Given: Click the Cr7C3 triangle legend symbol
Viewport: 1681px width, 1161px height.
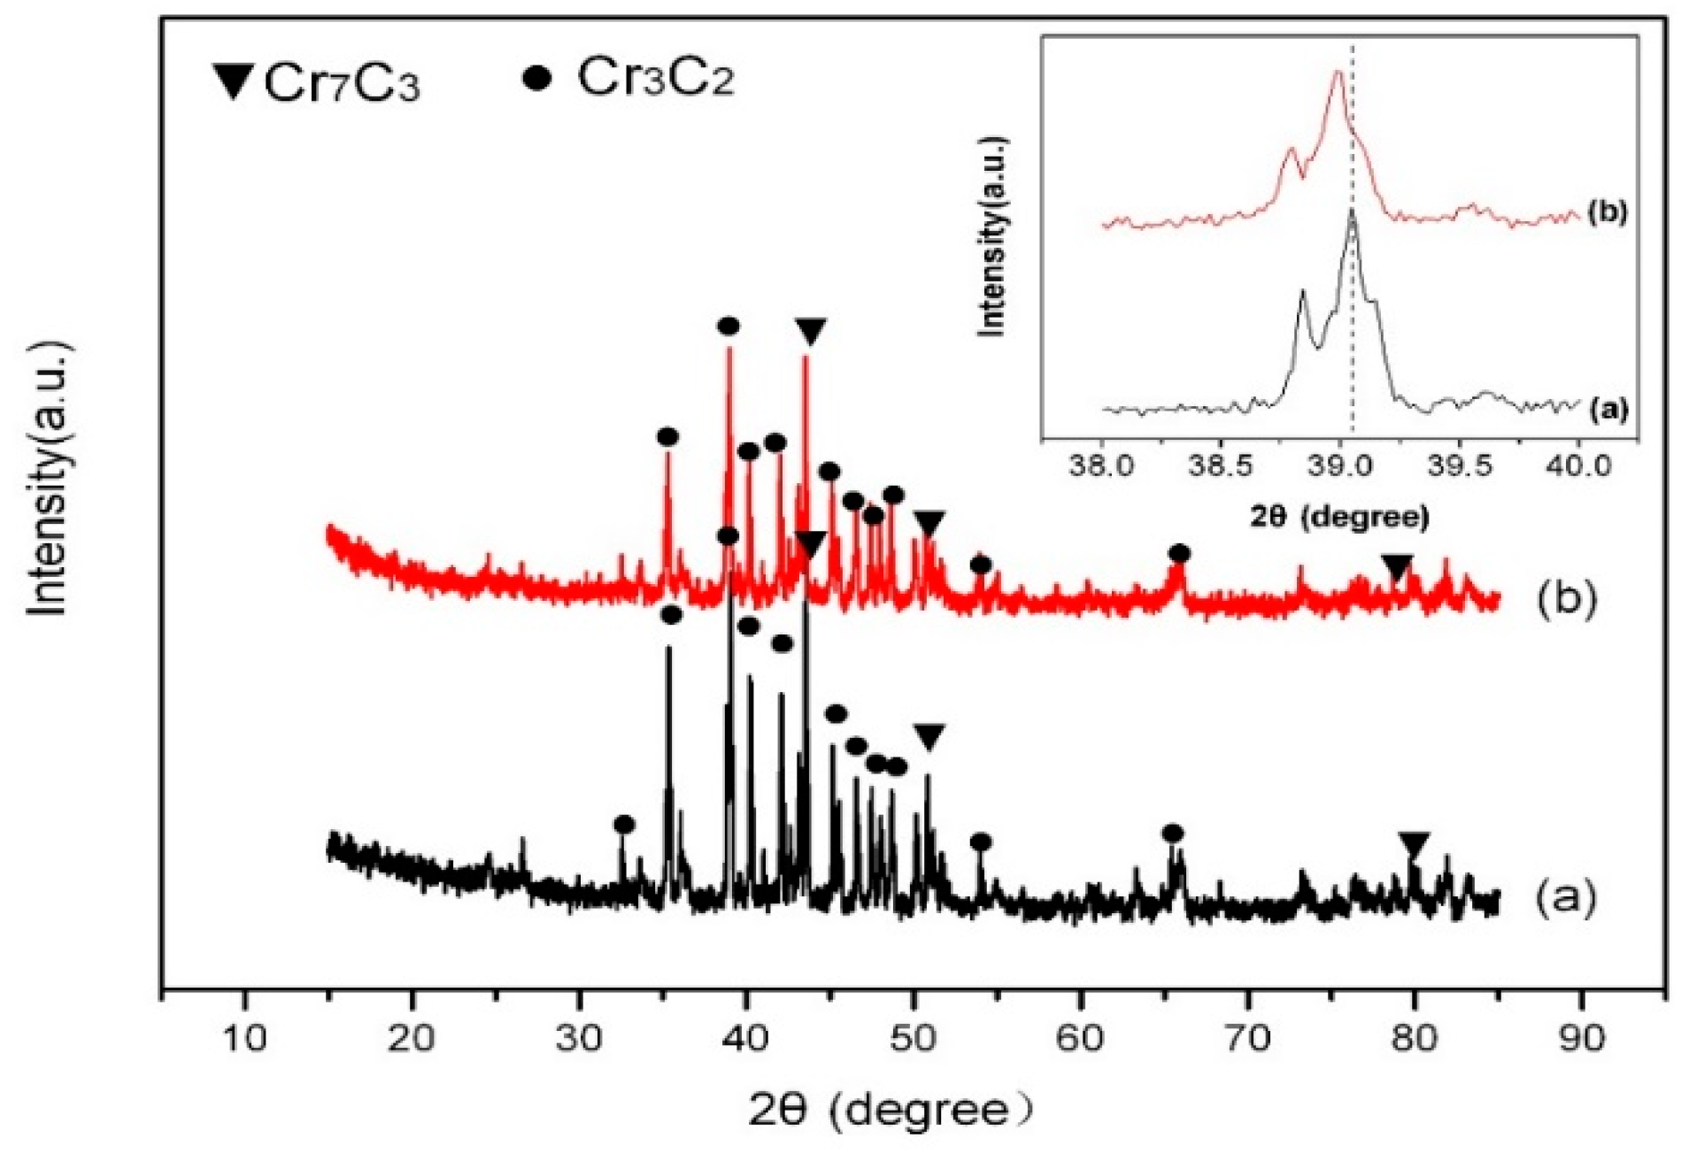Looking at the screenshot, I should [235, 81].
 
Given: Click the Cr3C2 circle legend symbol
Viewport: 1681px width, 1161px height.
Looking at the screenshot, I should [537, 78].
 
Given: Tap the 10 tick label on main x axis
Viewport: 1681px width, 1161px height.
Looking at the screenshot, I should [244, 1037].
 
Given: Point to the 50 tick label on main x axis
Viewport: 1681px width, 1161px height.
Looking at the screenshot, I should [914, 1037].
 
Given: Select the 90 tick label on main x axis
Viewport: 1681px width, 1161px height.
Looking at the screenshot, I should [1582, 1037].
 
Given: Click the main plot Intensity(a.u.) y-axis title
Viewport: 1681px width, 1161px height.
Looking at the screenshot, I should [46, 478].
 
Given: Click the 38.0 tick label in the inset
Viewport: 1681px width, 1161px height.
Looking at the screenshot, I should [1101, 465].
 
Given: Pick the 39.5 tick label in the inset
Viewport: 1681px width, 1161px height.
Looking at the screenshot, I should [1459, 465].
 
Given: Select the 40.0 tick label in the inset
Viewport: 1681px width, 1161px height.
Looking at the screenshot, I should [1579, 465].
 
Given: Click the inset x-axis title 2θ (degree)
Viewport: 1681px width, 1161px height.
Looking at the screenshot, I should [1339, 516].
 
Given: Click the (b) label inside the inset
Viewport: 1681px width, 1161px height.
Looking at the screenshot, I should [1608, 212].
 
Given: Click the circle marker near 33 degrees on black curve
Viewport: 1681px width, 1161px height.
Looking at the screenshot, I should [624, 825].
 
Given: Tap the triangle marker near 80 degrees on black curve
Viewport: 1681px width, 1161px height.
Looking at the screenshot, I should [1414, 845].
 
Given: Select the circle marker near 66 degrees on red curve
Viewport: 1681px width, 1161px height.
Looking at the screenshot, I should [1179, 554].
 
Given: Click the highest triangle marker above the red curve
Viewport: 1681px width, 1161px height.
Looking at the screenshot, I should [810, 332].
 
